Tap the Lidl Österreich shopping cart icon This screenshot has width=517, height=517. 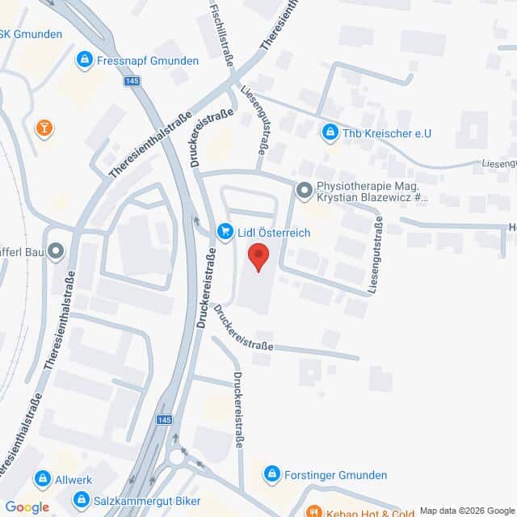click(225, 233)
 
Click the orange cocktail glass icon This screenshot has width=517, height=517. click(44, 128)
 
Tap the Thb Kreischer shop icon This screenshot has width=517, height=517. click(330, 132)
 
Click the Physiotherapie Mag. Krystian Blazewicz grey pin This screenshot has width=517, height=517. click(304, 191)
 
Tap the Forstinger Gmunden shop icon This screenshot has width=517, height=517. click(272, 474)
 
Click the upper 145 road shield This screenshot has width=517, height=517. click(132, 82)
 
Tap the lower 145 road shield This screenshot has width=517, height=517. click(165, 420)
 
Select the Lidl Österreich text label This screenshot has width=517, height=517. click(274, 233)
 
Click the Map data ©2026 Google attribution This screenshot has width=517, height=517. click(467, 511)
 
